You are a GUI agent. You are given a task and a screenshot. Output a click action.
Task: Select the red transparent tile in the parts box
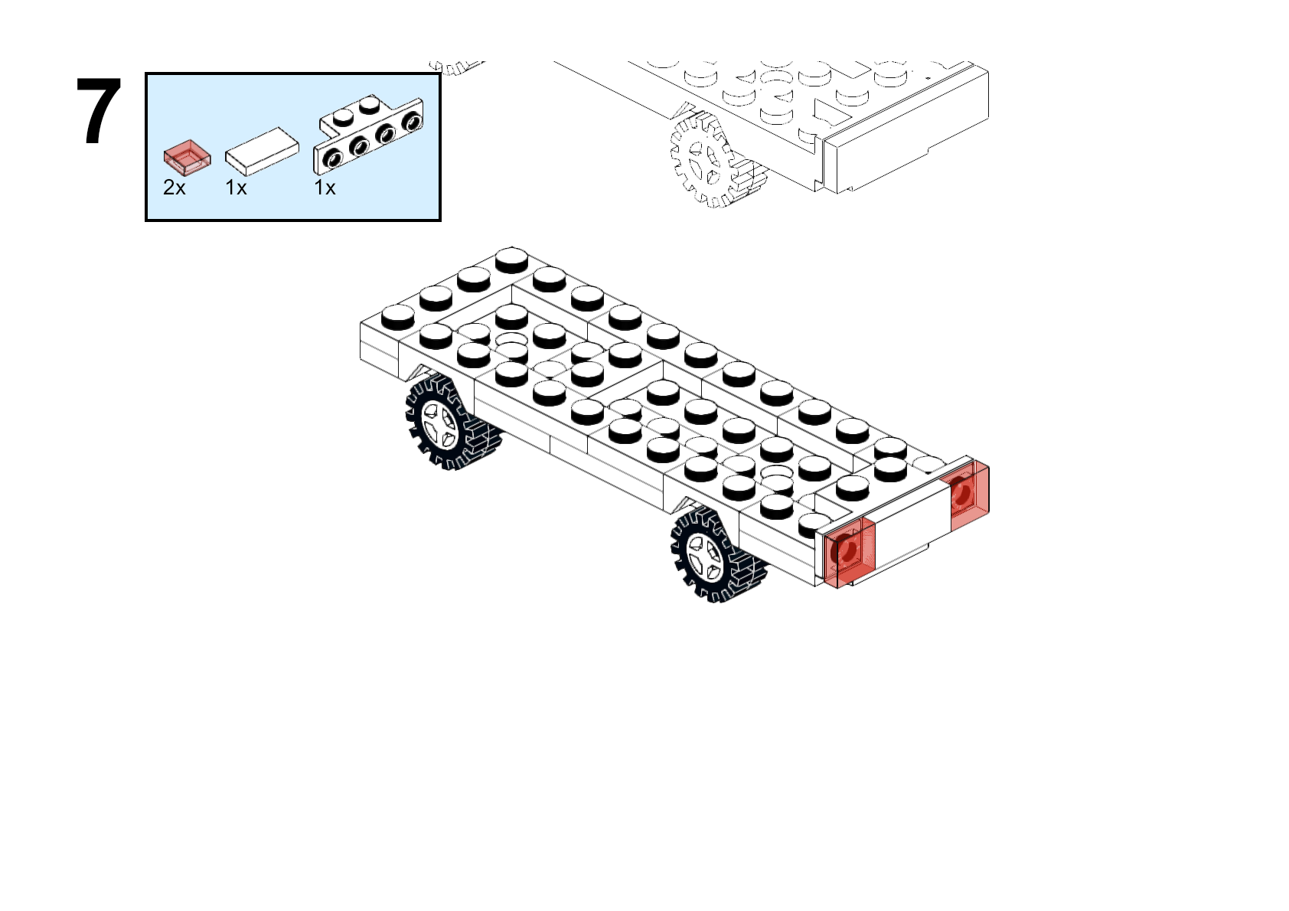point(187,157)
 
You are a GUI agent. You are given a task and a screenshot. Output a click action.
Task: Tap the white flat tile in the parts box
point(262,152)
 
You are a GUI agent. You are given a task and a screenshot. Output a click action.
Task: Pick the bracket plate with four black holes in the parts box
point(368,134)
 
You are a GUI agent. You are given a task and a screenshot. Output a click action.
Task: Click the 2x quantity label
point(175,188)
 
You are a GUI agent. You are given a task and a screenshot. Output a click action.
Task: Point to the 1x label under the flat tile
point(236,188)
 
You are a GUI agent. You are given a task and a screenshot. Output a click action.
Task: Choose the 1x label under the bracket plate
point(325,188)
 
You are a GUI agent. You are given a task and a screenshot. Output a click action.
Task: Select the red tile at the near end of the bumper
point(850,553)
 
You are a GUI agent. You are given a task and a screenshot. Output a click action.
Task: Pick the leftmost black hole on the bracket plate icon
point(333,158)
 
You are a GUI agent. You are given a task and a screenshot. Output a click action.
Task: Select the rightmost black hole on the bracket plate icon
point(412,122)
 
